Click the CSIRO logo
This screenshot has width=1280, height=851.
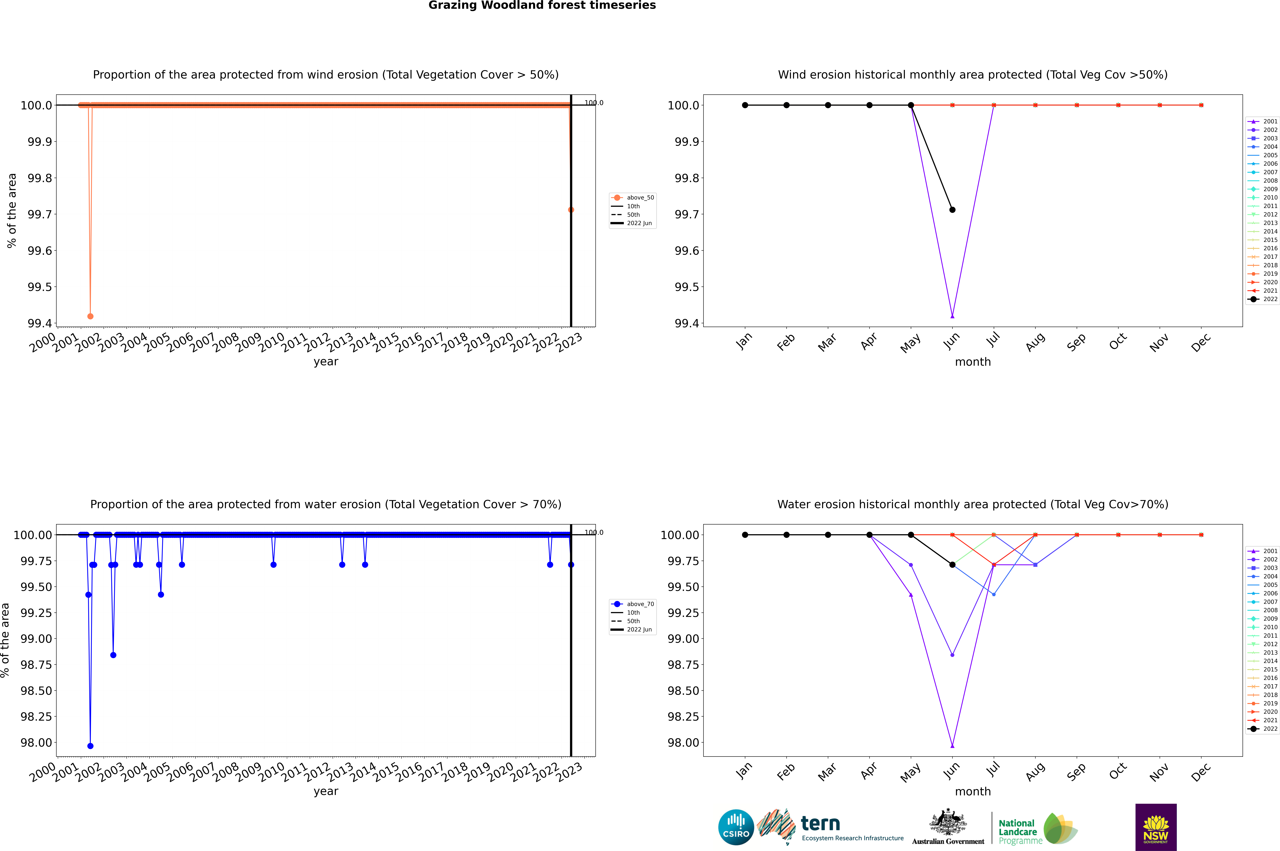coord(736,827)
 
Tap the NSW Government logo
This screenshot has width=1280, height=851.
coord(1156,827)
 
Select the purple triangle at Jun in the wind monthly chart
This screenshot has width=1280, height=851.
coord(952,316)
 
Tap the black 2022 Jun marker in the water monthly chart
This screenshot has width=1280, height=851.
coord(952,565)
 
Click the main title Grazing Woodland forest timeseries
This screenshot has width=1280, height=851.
coord(542,5)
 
